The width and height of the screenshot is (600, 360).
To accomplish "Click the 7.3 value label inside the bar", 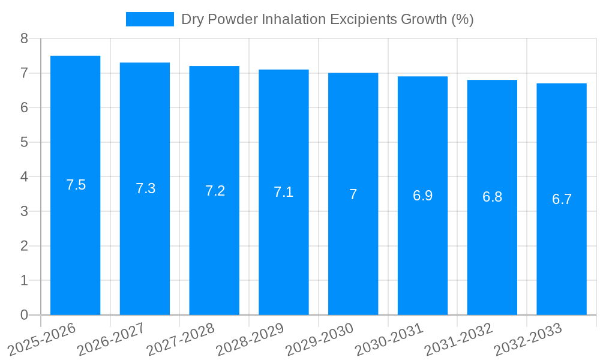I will pyautogui.click(x=145, y=188).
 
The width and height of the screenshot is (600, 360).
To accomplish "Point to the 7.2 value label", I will pyautogui.click(x=215, y=191).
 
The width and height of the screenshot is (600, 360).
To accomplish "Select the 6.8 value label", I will pyautogui.click(x=492, y=197).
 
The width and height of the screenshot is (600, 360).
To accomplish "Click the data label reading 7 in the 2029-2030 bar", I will pyautogui.click(x=353, y=194).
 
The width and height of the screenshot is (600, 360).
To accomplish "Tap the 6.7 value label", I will pyautogui.click(x=562, y=199).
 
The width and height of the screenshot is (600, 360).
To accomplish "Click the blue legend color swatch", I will pyautogui.click(x=149, y=19).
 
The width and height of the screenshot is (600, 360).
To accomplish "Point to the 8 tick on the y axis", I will pyautogui.click(x=24, y=38).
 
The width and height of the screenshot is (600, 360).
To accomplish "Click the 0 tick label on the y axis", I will pyautogui.click(x=24, y=315).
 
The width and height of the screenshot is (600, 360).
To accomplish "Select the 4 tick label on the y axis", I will pyautogui.click(x=24, y=177).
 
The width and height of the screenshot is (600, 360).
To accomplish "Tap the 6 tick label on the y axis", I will pyautogui.click(x=24, y=107).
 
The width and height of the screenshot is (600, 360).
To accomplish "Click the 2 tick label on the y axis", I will pyautogui.click(x=24, y=246).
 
